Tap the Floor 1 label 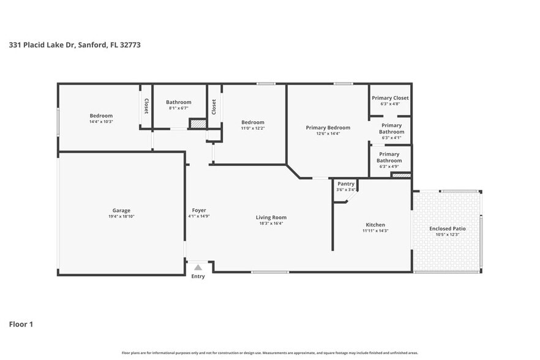(21, 324)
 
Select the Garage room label (121, 211)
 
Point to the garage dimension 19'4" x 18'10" (121, 217)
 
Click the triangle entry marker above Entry (198, 267)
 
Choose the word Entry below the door (198, 277)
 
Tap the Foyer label (199, 211)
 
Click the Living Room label (271, 217)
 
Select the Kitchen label (375, 225)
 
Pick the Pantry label (346, 184)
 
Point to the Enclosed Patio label (447, 228)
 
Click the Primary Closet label (390, 98)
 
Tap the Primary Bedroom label (328, 127)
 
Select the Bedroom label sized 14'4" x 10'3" (101, 116)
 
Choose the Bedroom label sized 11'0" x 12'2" (252, 122)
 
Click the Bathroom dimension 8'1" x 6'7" (178, 108)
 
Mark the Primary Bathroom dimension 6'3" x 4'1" (391, 138)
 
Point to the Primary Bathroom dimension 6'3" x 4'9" (389, 167)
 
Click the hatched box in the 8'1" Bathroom (197, 124)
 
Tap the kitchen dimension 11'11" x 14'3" (375, 231)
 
